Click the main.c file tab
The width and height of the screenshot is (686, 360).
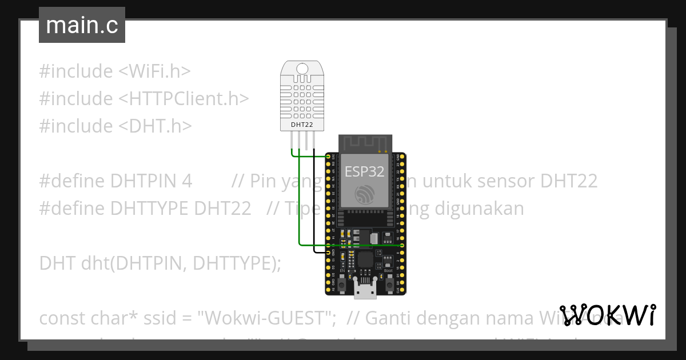[x=82, y=26]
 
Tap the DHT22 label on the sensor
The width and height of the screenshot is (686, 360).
[x=301, y=124]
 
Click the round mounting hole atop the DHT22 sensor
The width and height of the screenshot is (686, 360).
[x=302, y=69]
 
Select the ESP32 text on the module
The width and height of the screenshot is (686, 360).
[x=365, y=171]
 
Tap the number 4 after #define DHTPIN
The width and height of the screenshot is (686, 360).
[x=186, y=181]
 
